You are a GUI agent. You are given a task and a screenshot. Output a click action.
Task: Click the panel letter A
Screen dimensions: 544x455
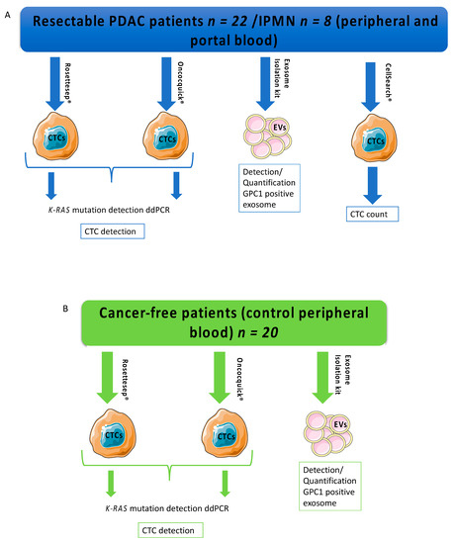(9, 7)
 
